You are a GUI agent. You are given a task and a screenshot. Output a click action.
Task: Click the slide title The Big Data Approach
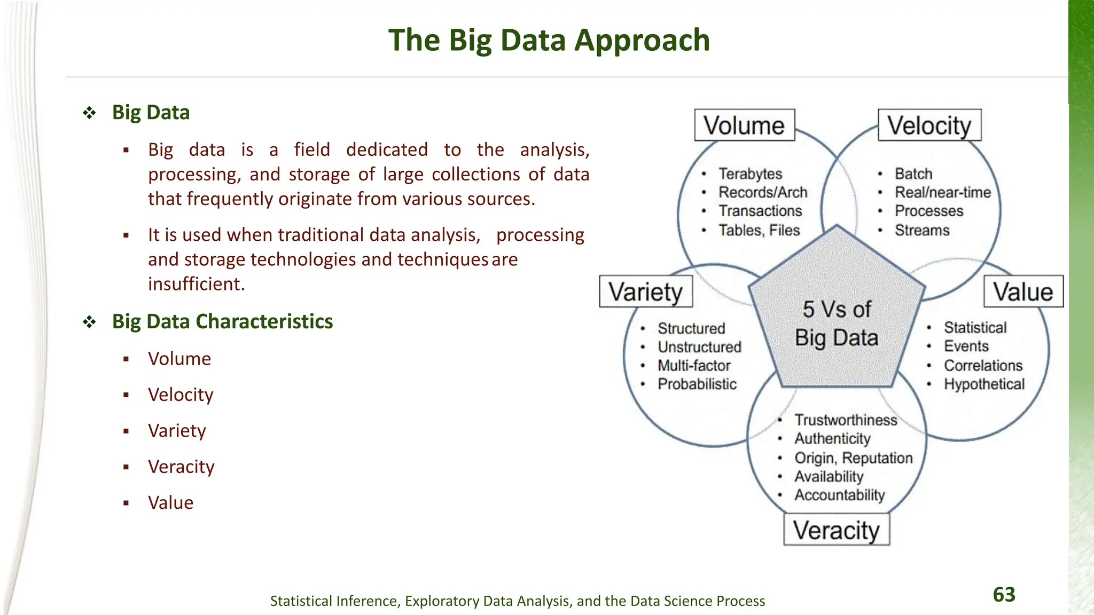pos(549,40)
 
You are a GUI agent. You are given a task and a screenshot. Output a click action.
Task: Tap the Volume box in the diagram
pos(744,125)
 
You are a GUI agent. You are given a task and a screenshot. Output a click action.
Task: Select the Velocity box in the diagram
pos(929,125)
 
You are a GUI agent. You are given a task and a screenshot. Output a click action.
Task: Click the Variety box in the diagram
pos(646,291)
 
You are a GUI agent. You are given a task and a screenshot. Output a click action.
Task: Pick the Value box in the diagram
pos(1023,291)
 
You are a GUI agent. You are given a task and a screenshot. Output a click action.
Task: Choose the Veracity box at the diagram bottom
pos(837,530)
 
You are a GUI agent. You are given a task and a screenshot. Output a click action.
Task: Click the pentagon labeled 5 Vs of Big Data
pos(837,320)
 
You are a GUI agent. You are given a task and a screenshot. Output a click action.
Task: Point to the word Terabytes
pos(750,174)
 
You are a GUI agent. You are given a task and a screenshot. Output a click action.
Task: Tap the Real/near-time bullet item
pos(943,192)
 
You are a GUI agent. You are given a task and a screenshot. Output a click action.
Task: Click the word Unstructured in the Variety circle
pos(699,347)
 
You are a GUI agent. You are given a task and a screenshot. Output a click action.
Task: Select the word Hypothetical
pos(984,384)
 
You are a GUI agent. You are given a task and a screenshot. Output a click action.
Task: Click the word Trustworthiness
pos(846,420)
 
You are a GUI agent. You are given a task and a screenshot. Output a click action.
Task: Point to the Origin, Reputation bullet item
pos(853,458)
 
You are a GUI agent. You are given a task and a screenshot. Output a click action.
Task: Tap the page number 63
pos(1004,594)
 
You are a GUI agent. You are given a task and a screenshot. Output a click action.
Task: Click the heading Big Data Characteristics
pos(222,321)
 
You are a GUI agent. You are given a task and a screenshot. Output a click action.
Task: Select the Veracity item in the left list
pos(181,467)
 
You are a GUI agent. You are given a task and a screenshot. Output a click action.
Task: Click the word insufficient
pos(196,284)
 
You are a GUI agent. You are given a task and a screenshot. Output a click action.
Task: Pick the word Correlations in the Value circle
pos(983,366)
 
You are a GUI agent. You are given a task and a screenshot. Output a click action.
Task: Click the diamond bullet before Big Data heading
pos(89,113)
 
